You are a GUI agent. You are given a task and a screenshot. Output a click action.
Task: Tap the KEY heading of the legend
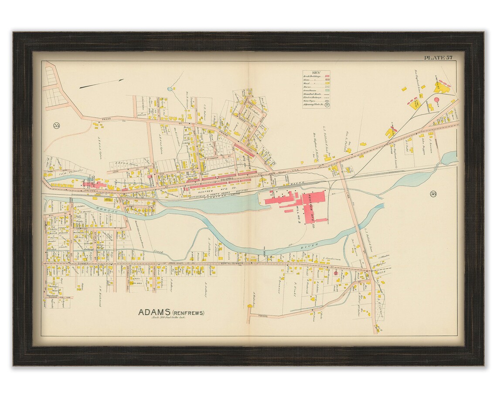(316, 73)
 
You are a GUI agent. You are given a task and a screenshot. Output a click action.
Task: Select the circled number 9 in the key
(326, 105)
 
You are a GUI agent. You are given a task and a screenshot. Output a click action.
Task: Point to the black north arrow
(101, 84)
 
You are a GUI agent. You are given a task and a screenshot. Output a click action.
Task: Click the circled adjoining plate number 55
(56, 126)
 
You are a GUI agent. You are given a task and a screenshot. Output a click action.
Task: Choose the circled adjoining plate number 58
(433, 194)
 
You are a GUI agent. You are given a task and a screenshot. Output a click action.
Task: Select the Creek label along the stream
(158, 251)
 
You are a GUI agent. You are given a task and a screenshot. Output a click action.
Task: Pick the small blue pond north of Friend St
(169, 89)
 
